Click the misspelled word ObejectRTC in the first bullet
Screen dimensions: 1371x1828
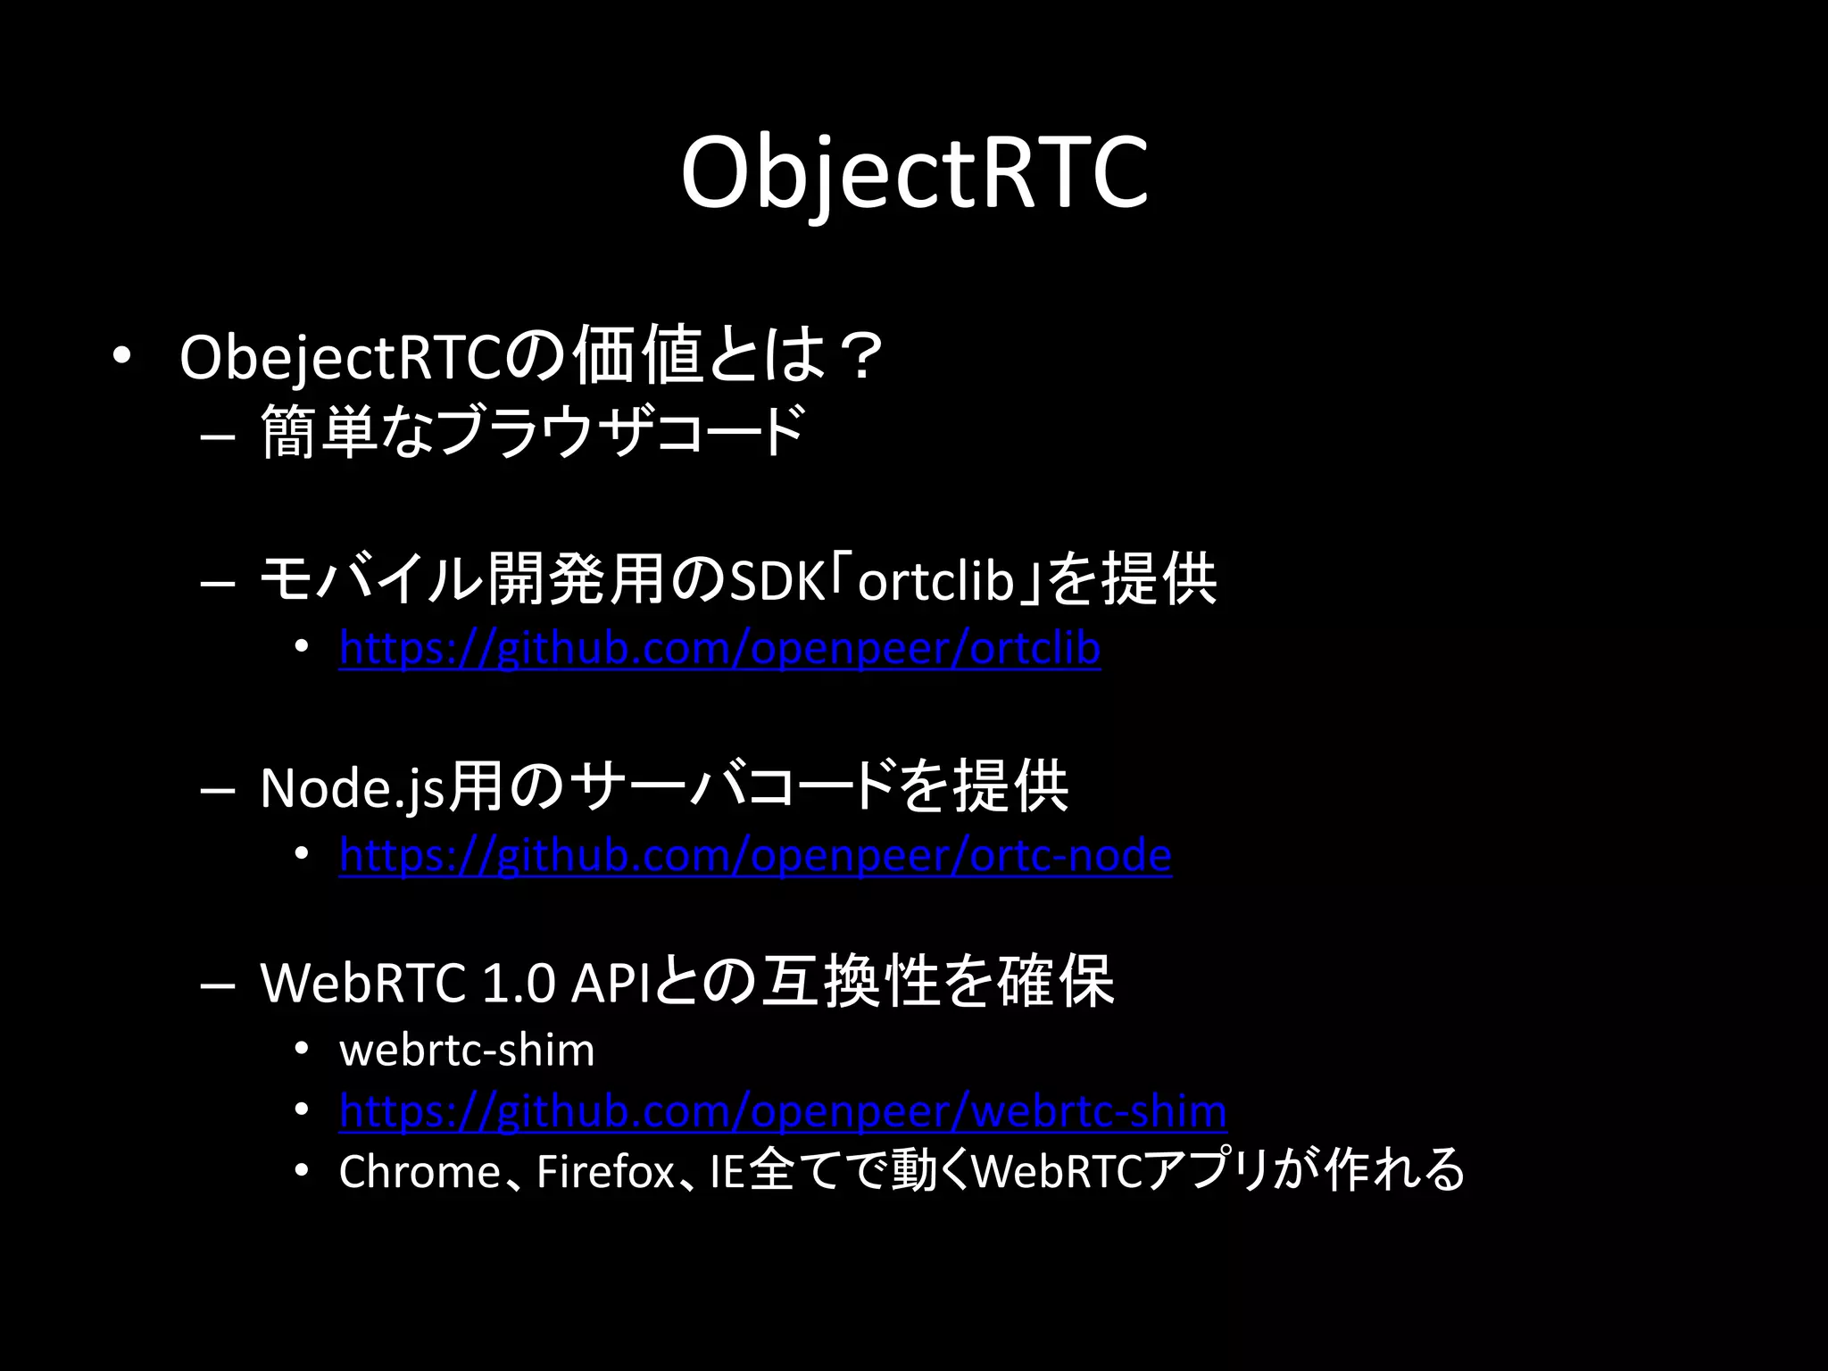(x=342, y=358)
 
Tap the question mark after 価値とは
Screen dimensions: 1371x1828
(x=860, y=356)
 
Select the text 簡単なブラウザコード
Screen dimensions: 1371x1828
(x=533, y=432)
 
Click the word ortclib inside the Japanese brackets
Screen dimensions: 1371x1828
(x=935, y=581)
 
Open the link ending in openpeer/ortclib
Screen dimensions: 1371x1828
(x=719, y=648)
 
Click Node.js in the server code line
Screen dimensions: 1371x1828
(x=352, y=788)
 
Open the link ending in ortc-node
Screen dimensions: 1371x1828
(x=755, y=855)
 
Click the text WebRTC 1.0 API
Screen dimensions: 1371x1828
(x=455, y=983)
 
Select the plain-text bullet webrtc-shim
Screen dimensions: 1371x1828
(x=467, y=1051)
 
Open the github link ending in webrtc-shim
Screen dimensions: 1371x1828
(x=783, y=1111)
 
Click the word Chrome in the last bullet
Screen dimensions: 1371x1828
(x=420, y=1172)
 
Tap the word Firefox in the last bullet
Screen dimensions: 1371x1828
(x=604, y=1172)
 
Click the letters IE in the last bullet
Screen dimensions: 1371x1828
(x=727, y=1172)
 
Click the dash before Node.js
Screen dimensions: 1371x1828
(x=218, y=791)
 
